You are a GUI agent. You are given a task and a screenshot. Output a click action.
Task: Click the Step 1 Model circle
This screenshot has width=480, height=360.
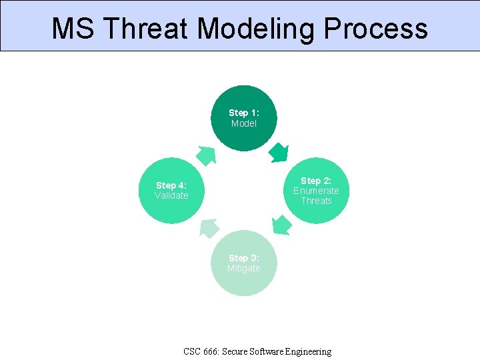pyautogui.click(x=243, y=118)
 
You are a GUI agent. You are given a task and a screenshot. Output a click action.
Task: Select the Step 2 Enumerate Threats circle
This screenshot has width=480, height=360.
pyautogui.click(x=316, y=191)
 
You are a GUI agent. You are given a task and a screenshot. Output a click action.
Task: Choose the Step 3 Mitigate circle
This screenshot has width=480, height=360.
pyautogui.click(x=243, y=263)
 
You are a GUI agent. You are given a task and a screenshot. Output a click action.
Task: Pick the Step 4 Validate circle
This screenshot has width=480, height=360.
pyautogui.click(x=171, y=191)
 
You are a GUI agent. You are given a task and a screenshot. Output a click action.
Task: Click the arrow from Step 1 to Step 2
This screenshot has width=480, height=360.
pyautogui.click(x=279, y=153)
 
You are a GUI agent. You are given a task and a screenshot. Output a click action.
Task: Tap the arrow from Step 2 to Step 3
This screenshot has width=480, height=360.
pyautogui.click(x=282, y=225)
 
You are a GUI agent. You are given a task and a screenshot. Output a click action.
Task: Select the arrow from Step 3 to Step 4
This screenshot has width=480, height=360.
pyautogui.click(x=208, y=228)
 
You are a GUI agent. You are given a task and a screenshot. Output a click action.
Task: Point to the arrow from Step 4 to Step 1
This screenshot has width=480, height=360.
pyautogui.click(x=205, y=155)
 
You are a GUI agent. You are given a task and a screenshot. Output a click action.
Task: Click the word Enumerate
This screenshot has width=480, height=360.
pyautogui.click(x=316, y=191)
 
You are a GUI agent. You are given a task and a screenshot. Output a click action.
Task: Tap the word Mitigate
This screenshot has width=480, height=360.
pyautogui.click(x=243, y=268)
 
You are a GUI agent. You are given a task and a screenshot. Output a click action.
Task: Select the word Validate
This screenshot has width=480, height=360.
pyautogui.click(x=171, y=195)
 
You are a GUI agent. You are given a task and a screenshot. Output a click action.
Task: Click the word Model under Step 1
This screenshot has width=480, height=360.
pyautogui.click(x=243, y=123)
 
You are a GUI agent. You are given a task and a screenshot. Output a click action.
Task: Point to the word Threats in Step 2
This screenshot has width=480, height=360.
pyautogui.click(x=316, y=201)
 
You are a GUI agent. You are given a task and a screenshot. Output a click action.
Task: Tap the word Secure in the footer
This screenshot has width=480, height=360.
pyautogui.click(x=237, y=351)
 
